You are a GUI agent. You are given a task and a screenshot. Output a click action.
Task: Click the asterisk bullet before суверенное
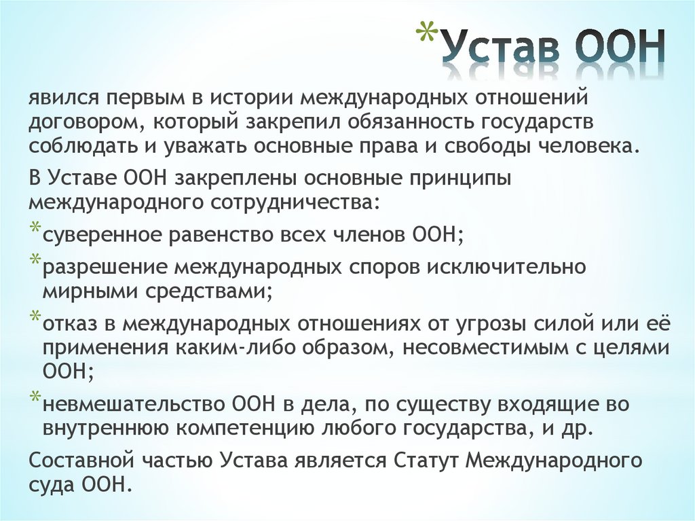(x=35, y=229)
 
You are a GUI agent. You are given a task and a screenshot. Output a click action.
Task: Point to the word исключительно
(x=506, y=266)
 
